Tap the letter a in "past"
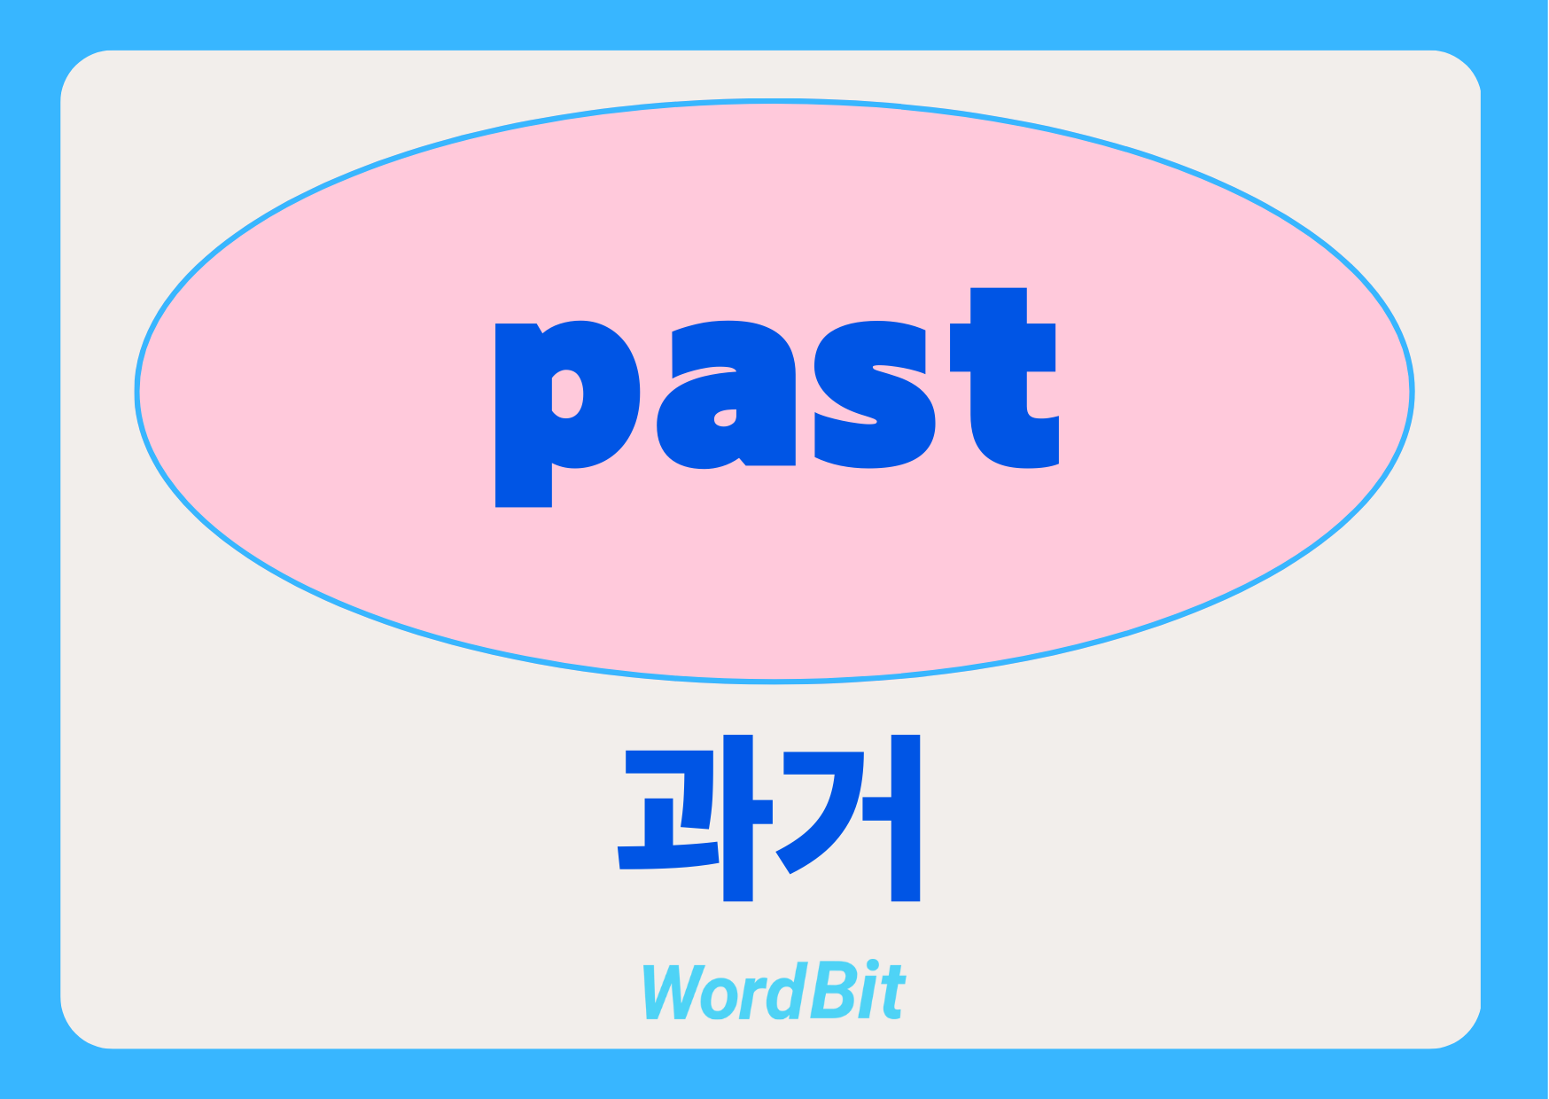(726, 394)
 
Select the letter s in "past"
(875, 394)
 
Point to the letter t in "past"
(1004, 378)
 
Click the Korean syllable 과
(695, 817)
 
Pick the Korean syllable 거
(848, 817)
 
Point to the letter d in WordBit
(785, 991)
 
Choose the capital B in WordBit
(832, 991)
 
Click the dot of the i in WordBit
(874, 967)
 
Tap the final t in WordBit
(892, 994)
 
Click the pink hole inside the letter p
(567, 394)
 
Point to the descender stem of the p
(523, 483)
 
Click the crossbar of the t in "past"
(1003, 347)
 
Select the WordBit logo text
(774, 991)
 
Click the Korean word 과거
(768, 817)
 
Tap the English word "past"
(777, 397)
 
